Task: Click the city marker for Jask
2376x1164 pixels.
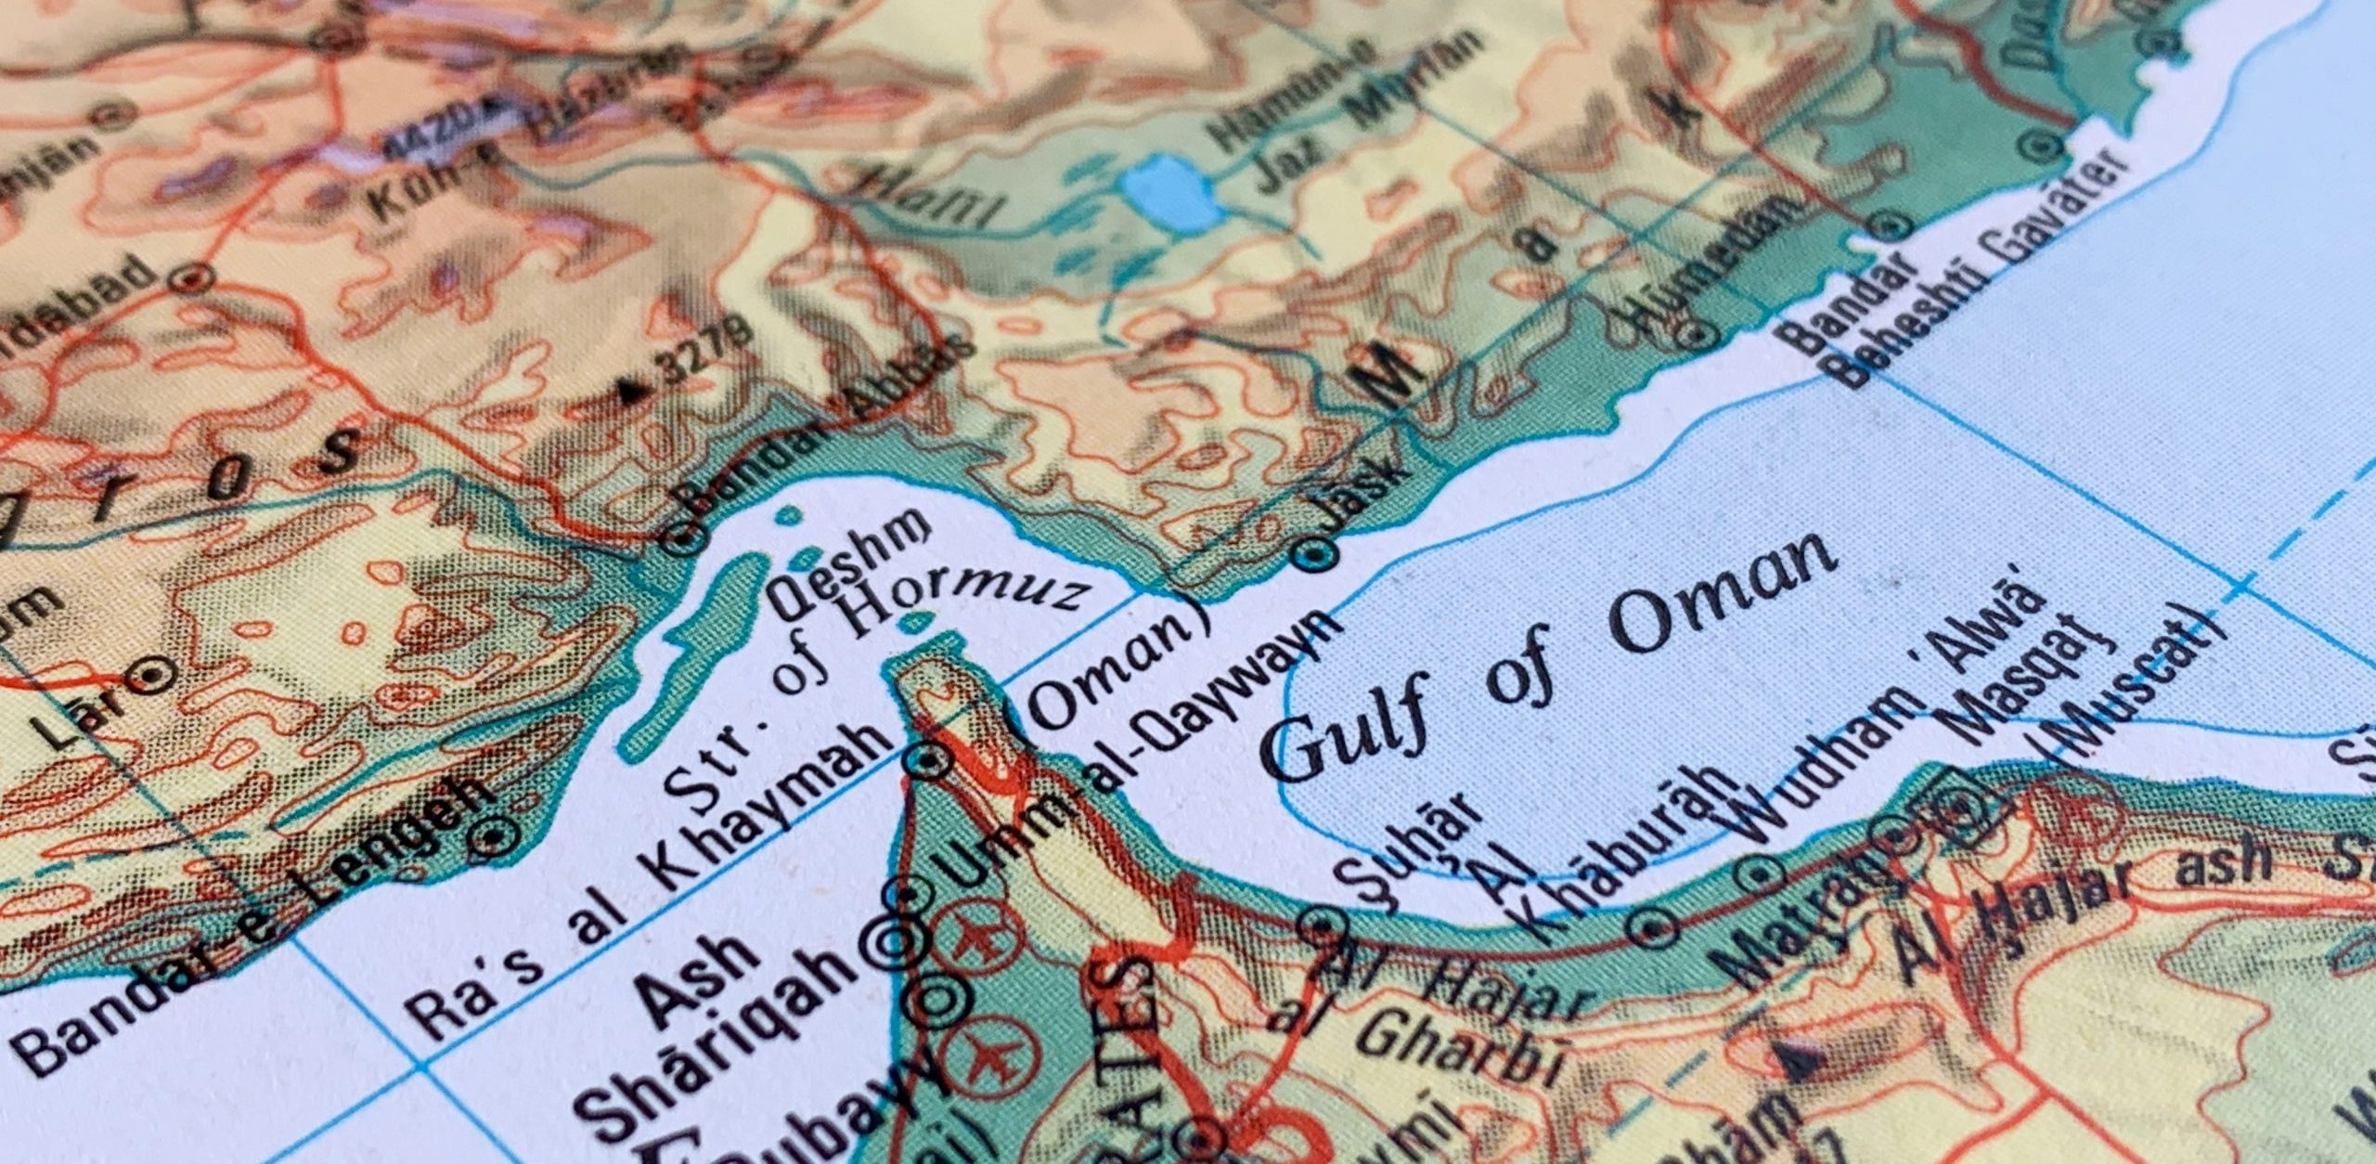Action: click(x=1317, y=554)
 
